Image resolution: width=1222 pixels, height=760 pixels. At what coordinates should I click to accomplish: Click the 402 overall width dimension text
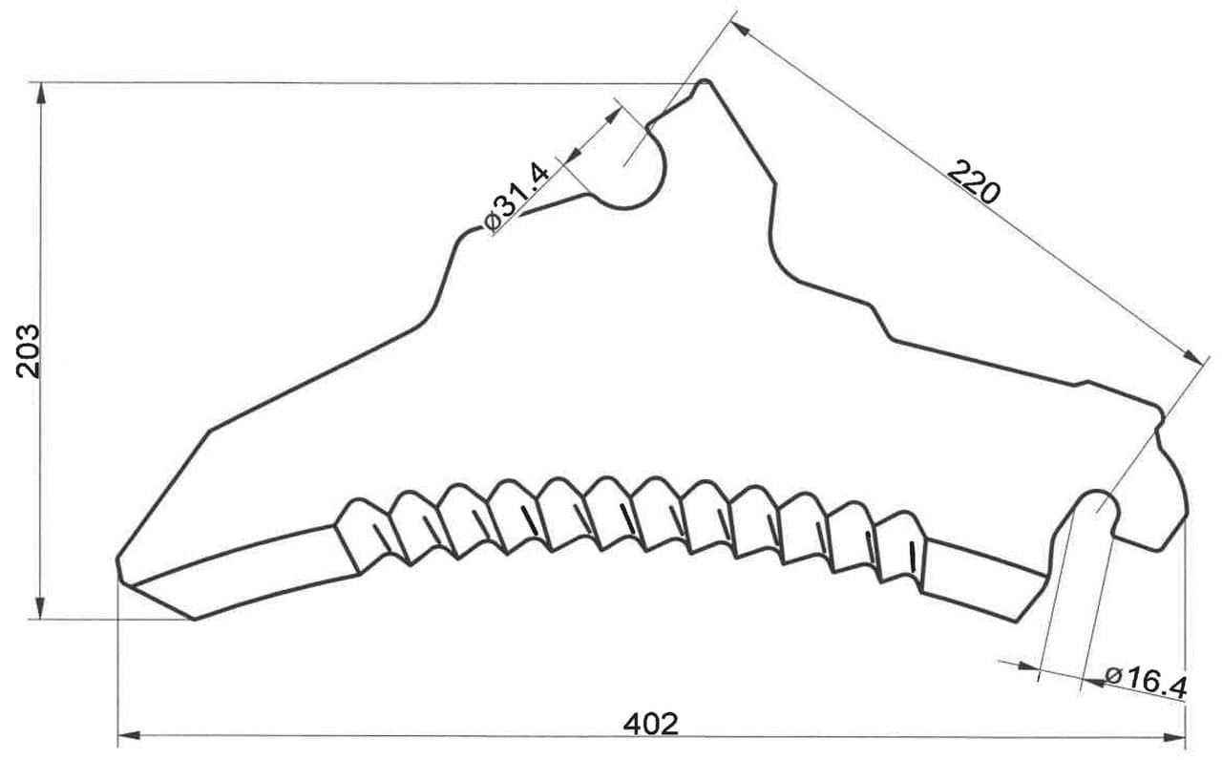(x=651, y=724)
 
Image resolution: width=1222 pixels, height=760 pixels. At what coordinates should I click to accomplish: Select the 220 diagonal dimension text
(x=973, y=181)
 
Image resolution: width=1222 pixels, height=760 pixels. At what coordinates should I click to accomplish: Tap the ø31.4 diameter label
(x=516, y=197)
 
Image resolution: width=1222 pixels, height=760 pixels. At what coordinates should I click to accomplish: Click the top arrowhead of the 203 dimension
(x=40, y=94)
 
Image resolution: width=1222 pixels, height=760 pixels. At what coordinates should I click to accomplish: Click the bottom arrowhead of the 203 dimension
(x=40, y=608)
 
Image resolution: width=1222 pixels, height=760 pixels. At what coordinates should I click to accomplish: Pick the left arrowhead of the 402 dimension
(x=129, y=736)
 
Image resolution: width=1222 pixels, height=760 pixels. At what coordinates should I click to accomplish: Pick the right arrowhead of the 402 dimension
(x=1174, y=738)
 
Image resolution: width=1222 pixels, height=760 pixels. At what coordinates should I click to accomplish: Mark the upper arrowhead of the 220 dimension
(x=740, y=29)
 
